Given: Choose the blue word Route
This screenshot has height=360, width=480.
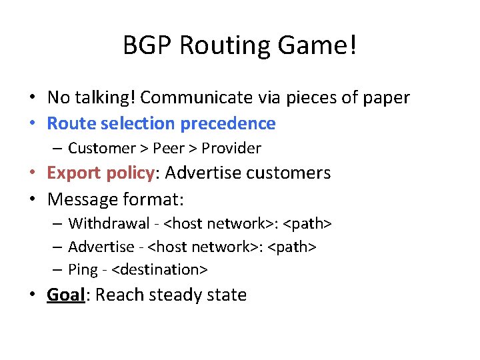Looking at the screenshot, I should click(x=68, y=123).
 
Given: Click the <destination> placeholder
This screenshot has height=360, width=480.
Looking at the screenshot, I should click(x=160, y=269).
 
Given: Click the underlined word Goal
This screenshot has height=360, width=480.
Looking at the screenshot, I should click(x=66, y=295).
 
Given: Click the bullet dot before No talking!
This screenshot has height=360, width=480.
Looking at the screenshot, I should click(x=32, y=98).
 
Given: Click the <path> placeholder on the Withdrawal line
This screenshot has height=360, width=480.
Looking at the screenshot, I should click(x=308, y=223).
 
